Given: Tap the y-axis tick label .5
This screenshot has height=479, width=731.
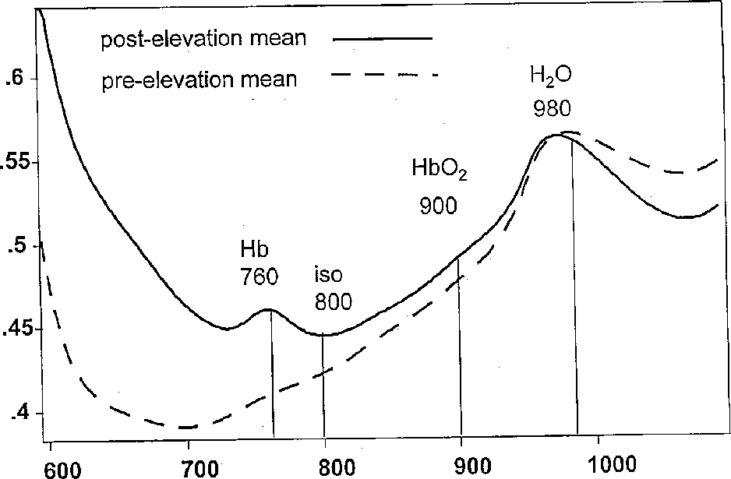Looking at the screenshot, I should pos(17,246).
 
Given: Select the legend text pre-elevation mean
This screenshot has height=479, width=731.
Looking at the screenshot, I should pos(200,80).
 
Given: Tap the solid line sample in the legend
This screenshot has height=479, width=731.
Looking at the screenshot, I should pos(381,37).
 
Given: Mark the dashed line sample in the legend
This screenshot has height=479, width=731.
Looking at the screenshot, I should pos(383,75).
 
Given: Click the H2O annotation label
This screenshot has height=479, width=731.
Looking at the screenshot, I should pos(551,77).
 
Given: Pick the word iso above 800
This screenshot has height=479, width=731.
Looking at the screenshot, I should pos(329,276).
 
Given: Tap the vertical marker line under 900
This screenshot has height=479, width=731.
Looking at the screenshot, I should pos(461,350).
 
